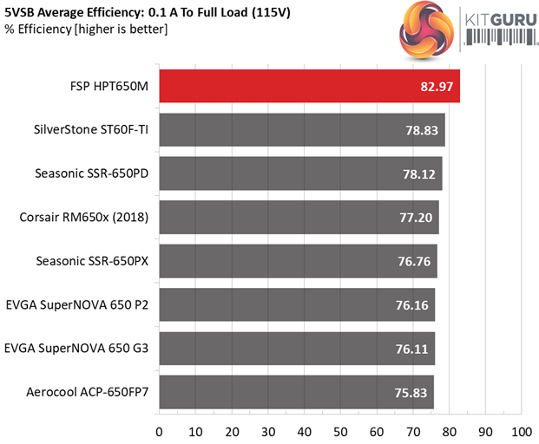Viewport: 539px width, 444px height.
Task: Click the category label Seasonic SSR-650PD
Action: coord(93,173)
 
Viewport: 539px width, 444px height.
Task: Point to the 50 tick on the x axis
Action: coord(340,430)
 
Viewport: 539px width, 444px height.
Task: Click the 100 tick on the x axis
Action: coord(521,430)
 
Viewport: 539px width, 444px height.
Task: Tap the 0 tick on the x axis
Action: coord(159,430)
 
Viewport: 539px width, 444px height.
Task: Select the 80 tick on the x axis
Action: coord(449,430)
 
